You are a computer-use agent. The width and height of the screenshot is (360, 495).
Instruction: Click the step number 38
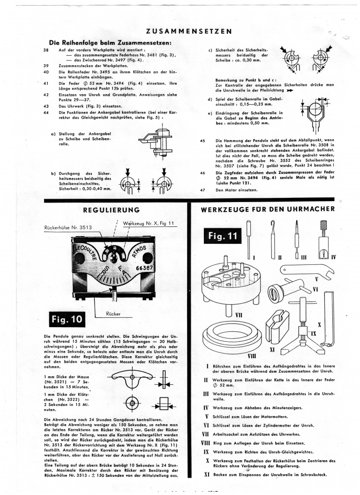[x=46, y=49]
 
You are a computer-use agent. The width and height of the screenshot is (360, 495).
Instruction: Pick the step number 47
[x=202, y=190]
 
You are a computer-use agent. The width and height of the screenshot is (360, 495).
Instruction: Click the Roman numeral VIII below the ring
[x=245, y=356]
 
